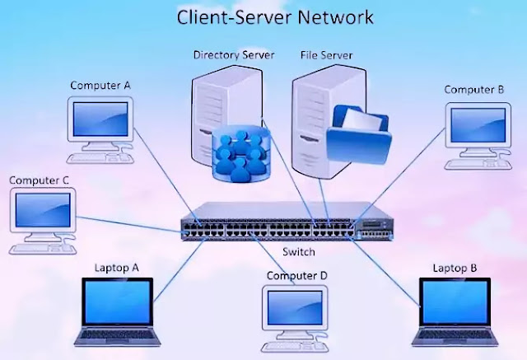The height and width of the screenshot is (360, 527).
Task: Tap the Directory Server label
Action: (x=233, y=55)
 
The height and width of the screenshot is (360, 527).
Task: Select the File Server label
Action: (x=324, y=55)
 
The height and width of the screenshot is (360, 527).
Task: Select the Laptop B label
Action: (x=455, y=268)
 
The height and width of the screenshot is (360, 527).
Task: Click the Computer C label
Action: (x=40, y=180)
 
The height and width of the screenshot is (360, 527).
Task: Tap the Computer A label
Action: (x=100, y=85)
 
